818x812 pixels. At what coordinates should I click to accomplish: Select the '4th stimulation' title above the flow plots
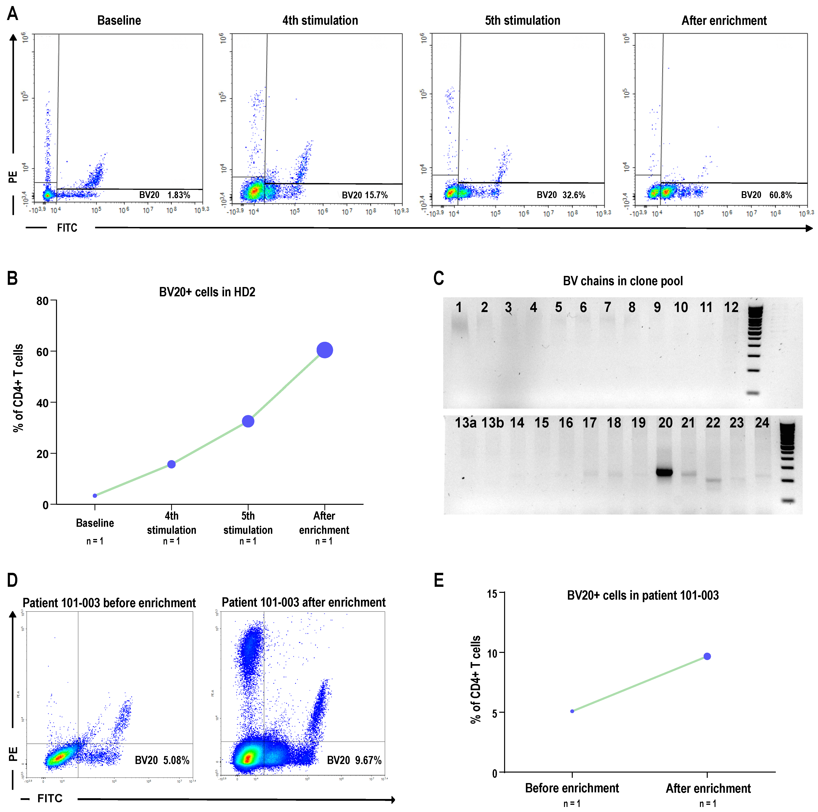click(320, 20)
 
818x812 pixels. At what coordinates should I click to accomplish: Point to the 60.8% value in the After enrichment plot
click(780, 195)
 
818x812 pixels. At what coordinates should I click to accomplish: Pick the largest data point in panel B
click(325, 350)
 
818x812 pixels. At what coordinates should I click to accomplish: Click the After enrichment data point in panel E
click(707, 656)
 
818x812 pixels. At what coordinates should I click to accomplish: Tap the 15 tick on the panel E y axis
click(492, 594)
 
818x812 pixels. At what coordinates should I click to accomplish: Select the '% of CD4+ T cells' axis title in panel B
click(18, 388)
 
